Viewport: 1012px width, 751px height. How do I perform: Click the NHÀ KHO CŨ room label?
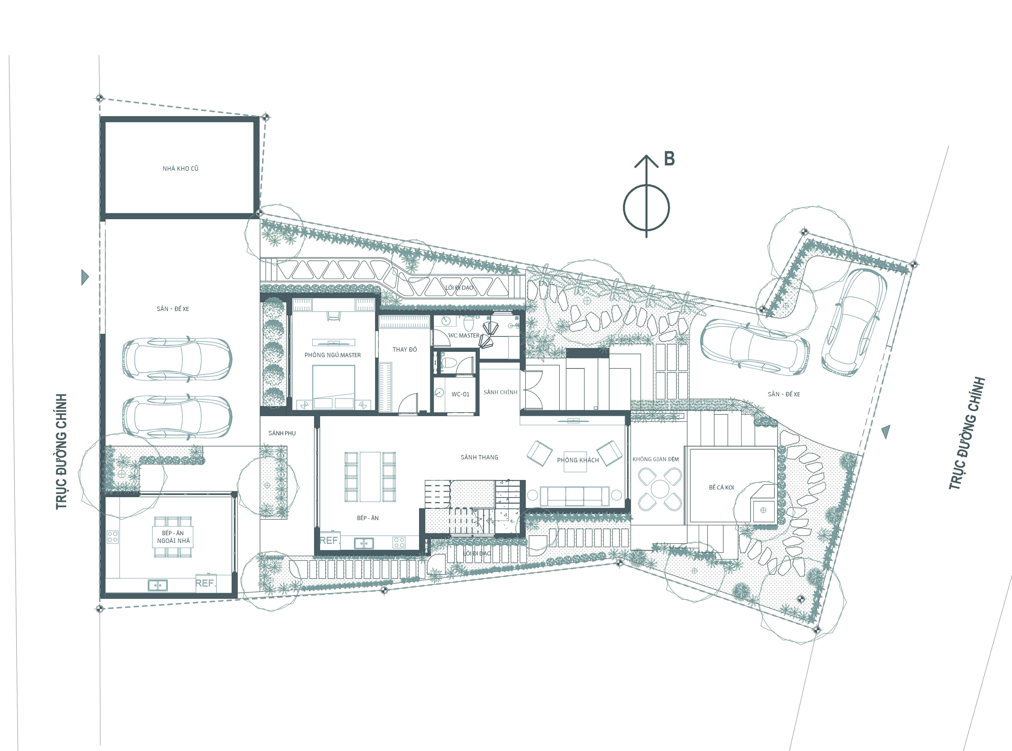click(x=181, y=168)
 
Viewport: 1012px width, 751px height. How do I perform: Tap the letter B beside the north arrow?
click(x=669, y=159)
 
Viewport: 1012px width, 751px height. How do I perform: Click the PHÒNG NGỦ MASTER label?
click(x=332, y=355)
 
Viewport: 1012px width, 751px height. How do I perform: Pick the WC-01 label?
click(x=460, y=394)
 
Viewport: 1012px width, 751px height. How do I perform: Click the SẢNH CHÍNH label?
click(x=500, y=392)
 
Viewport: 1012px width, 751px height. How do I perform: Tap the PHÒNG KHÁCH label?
click(x=578, y=460)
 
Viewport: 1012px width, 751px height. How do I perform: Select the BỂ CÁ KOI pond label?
click(x=721, y=487)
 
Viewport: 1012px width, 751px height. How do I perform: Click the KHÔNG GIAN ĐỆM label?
click(x=655, y=459)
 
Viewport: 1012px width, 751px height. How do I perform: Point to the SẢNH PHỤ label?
click(x=282, y=433)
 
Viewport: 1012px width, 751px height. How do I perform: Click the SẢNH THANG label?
click(x=479, y=457)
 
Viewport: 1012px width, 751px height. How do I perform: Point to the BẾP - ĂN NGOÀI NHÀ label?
click(x=173, y=537)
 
